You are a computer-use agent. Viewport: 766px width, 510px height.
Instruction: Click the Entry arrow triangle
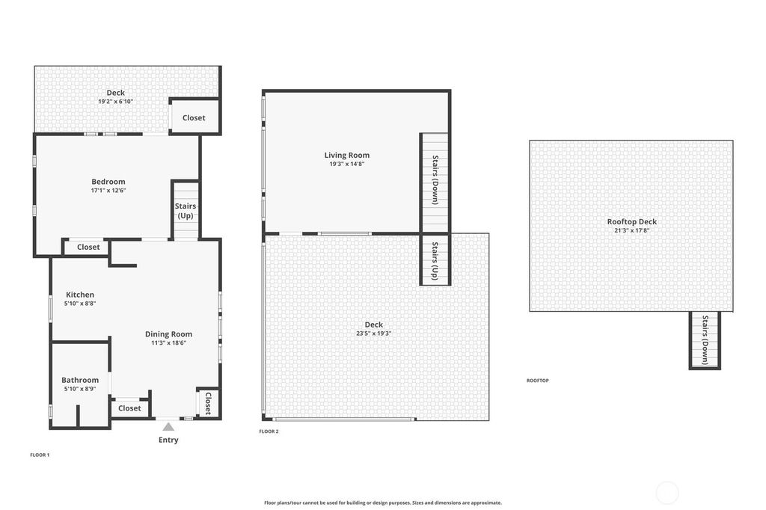pyautogui.click(x=168, y=427)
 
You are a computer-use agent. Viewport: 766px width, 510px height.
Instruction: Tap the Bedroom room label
pyautogui.click(x=108, y=182)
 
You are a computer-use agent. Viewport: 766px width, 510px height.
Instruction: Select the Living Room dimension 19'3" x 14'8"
pyautogui.click(x=347, y=164)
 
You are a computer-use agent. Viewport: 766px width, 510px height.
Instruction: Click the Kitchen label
pyautogui.click(x=80, y=295)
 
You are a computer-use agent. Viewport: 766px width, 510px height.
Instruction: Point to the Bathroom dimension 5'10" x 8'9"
pyautogui.click(x=80, y=389)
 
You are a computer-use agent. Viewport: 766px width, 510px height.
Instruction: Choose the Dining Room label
pyautogui.click(x=168, y=334)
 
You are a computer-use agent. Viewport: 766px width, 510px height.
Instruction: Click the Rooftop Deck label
pyautogui.click(x=632, y=222)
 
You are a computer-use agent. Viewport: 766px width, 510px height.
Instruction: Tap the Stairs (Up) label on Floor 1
pyautogui.click(x=186, y=211)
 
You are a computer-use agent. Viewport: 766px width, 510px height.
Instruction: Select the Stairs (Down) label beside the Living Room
pyautogui.click(x=435, y=179)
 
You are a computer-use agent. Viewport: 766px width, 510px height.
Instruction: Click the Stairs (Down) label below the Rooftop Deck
pyautogui.click(x=705, y=340)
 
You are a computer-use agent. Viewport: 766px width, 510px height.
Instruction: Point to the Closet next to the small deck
pyautogui.click(x=194, y=117)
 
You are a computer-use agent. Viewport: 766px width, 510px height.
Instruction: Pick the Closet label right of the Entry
pyautogui.click(x=208, y=403)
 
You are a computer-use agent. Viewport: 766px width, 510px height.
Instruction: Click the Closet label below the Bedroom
pyautogui.click(x=88, y=248)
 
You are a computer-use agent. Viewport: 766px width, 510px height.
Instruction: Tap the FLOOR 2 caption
pyautogui.click(x=269, y=431)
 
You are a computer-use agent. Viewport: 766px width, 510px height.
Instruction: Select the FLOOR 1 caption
pyautogui.click(x=40, y=455)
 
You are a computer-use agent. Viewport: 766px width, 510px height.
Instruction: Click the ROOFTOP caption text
pyautogui.click(x=538, y=381)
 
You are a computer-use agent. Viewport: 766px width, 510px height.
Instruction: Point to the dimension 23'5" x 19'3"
pyautogui.click(x=374, y=334)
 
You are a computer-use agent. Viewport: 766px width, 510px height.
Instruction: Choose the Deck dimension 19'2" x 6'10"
pyautogui.click(x=116, y=102)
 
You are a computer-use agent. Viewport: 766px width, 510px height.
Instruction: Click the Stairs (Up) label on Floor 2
pyautogui.click(x=435, y=261)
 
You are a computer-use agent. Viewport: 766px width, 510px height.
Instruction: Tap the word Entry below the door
pyautogui.click(x=168, y=440)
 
